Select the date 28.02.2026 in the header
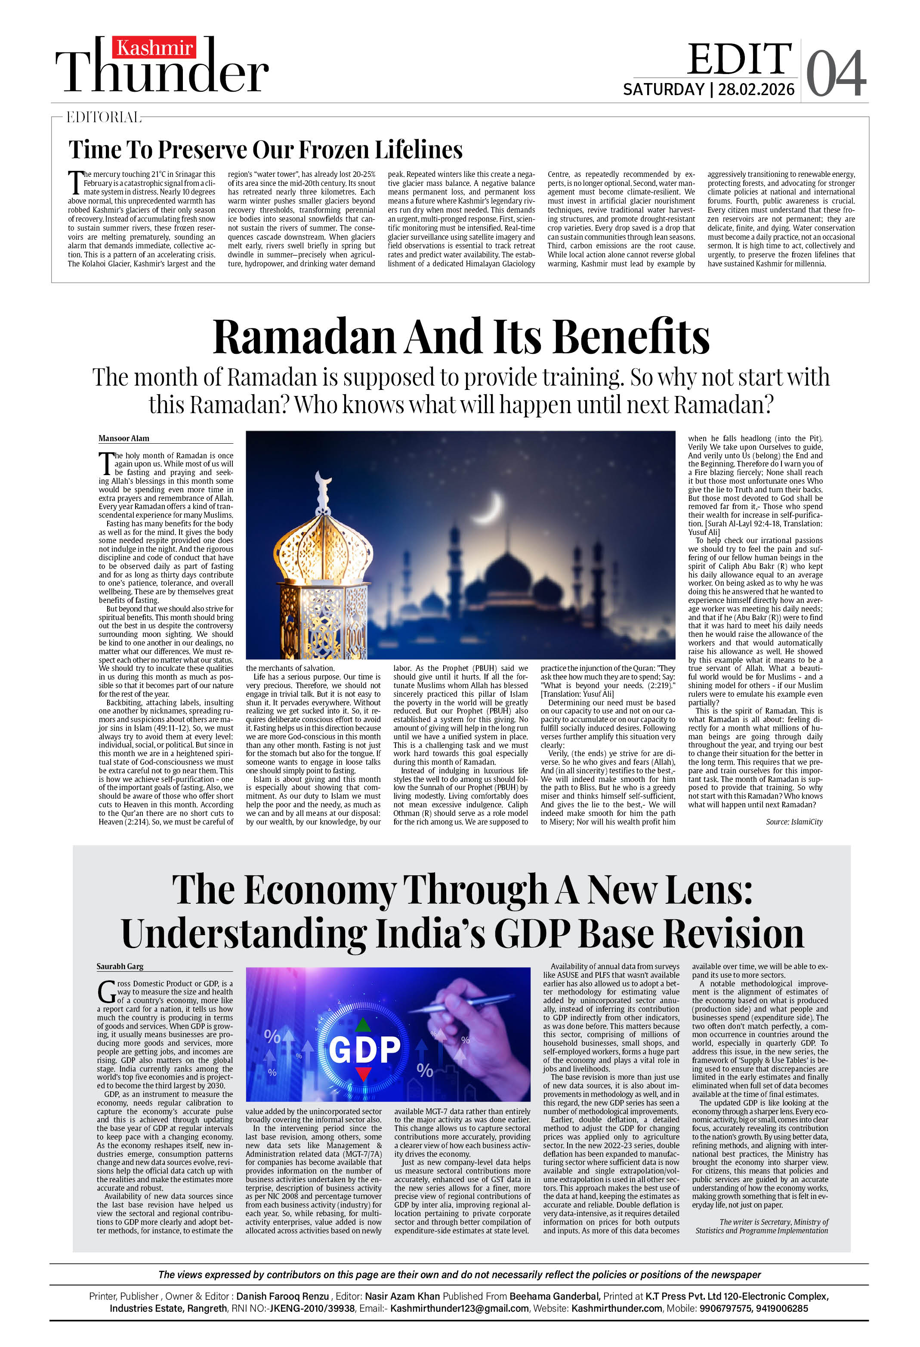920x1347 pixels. (x=756, y=90)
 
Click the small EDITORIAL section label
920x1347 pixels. (x=103, y=117)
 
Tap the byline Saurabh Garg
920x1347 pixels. (x=120, y=966)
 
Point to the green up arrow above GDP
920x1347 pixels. (x=363, y=1024)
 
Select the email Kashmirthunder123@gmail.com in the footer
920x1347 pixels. (x=459, y=1308)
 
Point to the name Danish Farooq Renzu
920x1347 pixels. (x=283, y=1296)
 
